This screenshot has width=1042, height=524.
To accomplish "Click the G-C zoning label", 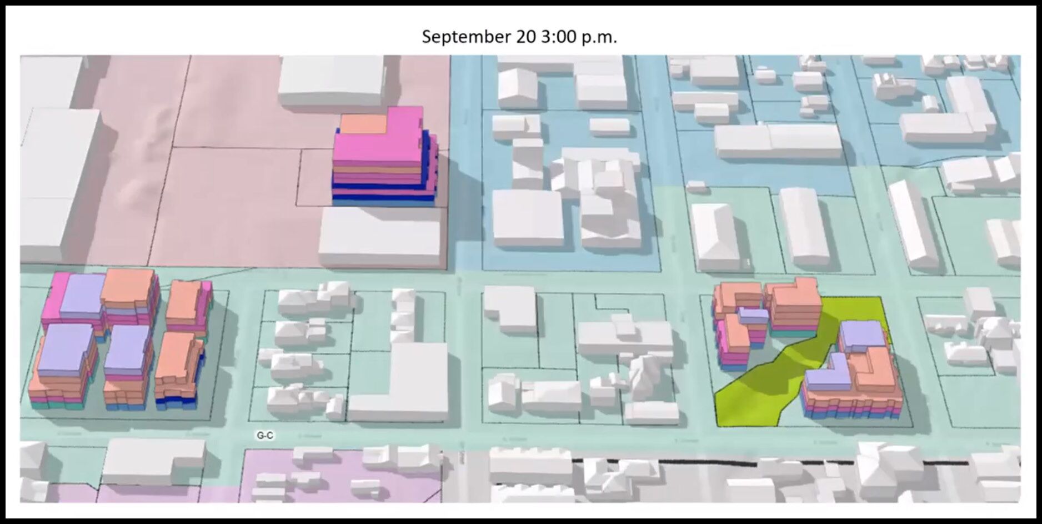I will pos(265,436).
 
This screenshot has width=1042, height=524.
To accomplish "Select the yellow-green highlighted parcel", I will pos(761,389).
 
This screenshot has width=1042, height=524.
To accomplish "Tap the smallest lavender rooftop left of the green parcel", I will pos(753,315).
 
